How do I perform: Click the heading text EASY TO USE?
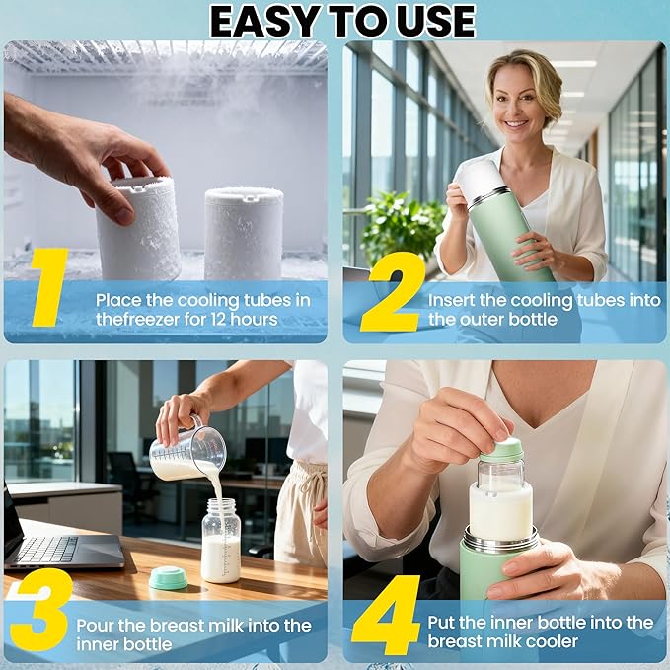(341, 20)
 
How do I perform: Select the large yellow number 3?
(39, 609)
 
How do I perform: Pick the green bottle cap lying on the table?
(169, 578)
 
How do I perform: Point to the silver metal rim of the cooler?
(500, 542)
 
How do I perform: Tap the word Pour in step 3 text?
(96, 624)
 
